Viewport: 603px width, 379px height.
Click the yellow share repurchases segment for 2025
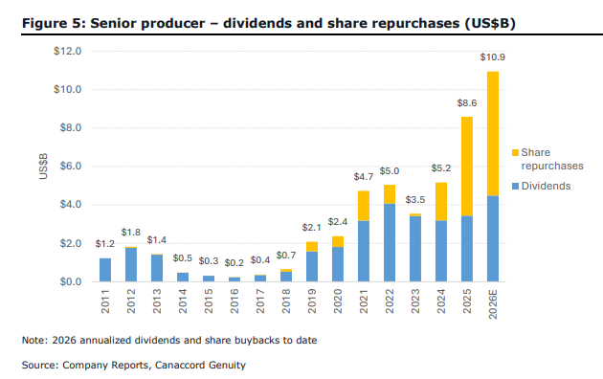467,167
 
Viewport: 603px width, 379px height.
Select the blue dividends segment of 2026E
493,238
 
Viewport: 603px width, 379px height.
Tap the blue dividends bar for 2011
105,270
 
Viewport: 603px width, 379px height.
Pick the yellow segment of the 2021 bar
364,206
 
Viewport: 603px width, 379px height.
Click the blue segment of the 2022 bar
390,242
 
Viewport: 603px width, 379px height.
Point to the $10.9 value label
493,57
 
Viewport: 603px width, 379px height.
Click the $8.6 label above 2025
467,103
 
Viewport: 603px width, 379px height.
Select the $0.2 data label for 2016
234,263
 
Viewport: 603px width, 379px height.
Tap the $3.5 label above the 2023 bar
415,200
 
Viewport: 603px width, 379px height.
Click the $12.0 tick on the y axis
68,51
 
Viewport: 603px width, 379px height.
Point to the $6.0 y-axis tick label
71,167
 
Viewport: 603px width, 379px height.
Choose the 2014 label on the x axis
183,301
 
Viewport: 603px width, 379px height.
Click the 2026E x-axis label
493,304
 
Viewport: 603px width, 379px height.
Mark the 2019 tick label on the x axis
312,301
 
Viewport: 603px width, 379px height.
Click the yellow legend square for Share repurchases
516,152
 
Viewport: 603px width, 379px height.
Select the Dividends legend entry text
547,186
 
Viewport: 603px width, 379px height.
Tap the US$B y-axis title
43,167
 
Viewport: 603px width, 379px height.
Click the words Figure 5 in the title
53,23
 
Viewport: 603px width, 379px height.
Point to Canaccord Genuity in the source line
200,365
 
